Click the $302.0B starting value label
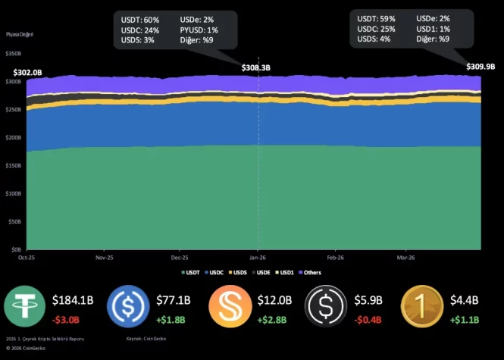(x=28, y=71)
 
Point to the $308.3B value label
(x=256, y=68)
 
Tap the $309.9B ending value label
(x=480, y=67)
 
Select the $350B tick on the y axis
(x=13, y=54)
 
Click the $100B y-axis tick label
(x=13, y=193)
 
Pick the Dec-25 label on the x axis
(x=180, y=258)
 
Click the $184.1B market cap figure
(x=73, y=300)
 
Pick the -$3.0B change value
(x=67, y=319)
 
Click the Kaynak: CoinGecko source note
(x=145, y=339)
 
